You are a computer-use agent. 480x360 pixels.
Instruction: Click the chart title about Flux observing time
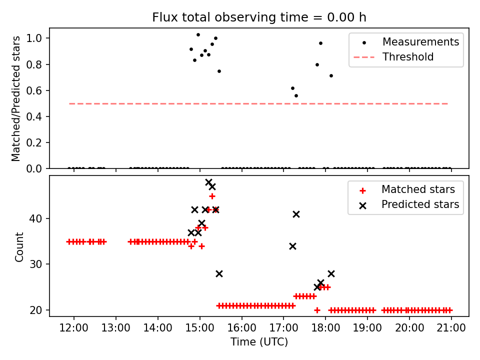pos(259,17)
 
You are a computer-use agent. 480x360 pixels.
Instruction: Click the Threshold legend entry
pos(407,57)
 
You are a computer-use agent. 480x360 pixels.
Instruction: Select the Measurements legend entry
pos(420,42)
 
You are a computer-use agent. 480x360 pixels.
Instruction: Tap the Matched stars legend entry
pos(418,189)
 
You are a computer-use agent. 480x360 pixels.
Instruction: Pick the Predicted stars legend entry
pos(420,204)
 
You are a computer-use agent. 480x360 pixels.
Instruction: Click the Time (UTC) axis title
pos(259,342)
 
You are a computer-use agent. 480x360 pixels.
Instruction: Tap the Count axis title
pos(19,247)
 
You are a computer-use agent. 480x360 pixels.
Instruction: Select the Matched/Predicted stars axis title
pos(16,98)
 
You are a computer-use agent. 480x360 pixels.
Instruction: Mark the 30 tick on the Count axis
pos(39,264)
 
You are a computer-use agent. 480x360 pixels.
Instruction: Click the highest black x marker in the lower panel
pos(208,182)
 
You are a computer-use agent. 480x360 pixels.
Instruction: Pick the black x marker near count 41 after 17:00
pos(296,214)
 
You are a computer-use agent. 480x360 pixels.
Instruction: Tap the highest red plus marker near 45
pos(212,196)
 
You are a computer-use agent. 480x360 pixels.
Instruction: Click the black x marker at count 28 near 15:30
pos(219,273)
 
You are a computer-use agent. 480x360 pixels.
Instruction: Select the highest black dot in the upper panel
pos(198,35)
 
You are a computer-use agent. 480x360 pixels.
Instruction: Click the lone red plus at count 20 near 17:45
pos(317,310)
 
